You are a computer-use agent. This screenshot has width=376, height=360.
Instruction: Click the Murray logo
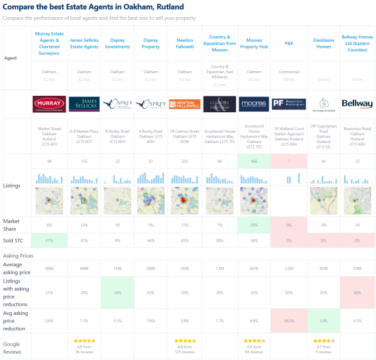point(50,104)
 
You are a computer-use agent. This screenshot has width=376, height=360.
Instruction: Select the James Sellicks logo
point(83,104)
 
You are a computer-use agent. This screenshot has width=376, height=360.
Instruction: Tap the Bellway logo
point(357,104)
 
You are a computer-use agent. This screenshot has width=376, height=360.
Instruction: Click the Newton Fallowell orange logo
point(185,104)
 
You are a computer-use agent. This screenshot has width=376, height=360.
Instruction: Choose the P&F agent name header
point(288,32)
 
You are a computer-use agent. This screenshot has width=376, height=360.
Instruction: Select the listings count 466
point(254,161)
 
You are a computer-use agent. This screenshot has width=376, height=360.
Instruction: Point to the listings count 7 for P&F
point(288,161)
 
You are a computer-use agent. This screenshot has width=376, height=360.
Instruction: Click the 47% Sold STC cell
point(50,241)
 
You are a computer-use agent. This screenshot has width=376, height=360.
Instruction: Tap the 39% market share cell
point(254,224)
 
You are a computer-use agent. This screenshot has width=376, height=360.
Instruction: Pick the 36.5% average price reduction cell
point(288,320)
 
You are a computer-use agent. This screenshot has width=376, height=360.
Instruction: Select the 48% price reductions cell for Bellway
point(357,292)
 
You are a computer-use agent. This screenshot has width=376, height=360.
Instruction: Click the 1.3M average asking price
point(219,268)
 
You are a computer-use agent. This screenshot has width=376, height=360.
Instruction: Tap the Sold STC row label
point(14,241)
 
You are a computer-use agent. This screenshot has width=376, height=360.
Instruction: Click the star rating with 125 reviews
point(185,340)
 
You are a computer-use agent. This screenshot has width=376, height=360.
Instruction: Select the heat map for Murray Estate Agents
point(50,202)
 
